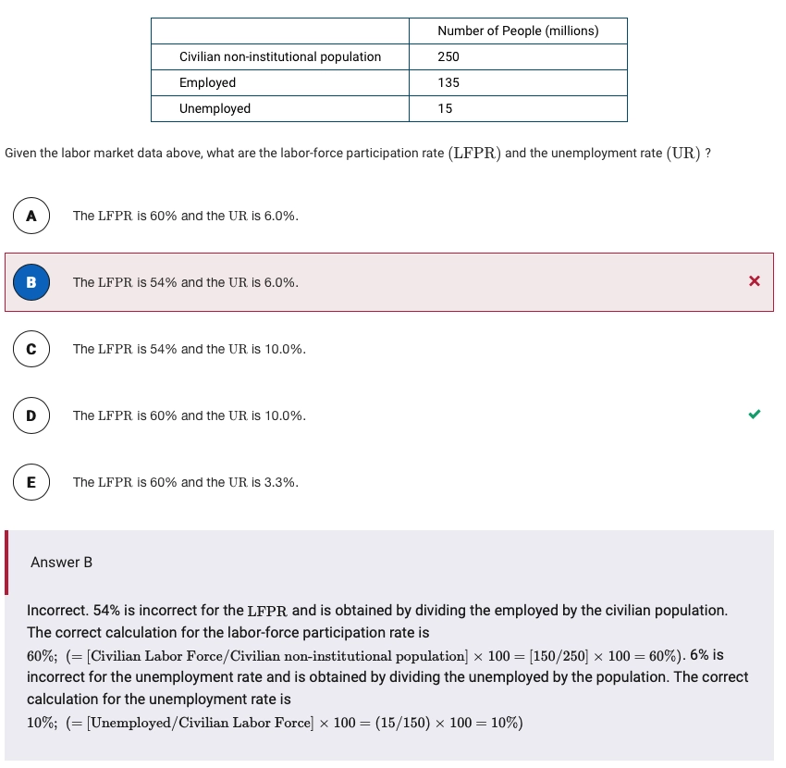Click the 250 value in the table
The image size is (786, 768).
tap(448, 56)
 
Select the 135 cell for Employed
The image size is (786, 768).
tap(448, 82)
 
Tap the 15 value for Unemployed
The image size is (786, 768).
tap(445, 108)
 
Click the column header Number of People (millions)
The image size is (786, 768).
tap(518, 31)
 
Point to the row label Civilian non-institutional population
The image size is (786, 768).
tap(280, 56)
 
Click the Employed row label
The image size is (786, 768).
tap(207, 82)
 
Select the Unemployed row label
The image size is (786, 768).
tap(215, 108)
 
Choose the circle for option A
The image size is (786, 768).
tap(31, 216)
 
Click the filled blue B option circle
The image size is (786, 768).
tap(31, 282)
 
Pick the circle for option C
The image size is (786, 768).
tap(31, 349)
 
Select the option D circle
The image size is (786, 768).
tap(31, 415)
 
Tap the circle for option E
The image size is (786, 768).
tap(31, 482)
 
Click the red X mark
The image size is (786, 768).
tap(755, 281)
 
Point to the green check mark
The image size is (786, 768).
tap(755, 415)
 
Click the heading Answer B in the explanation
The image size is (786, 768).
tap(61, 563)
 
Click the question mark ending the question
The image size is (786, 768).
tap(707, 153)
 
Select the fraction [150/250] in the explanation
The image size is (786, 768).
tap(559, 656)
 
